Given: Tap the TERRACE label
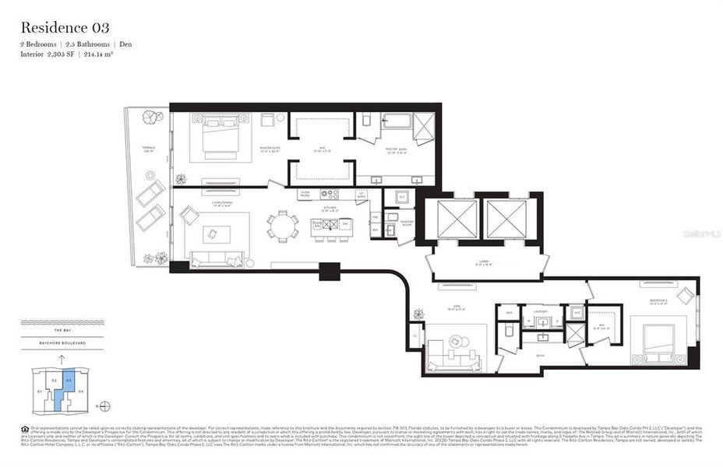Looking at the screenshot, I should click(x=148, y=149).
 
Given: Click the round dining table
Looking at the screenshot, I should click(x=282, y=226).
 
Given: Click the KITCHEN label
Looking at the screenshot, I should click(x=331, y=208).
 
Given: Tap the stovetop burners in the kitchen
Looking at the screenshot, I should click(x=330, y=195).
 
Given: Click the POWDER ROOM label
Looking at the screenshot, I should click(x=406, y=222).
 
